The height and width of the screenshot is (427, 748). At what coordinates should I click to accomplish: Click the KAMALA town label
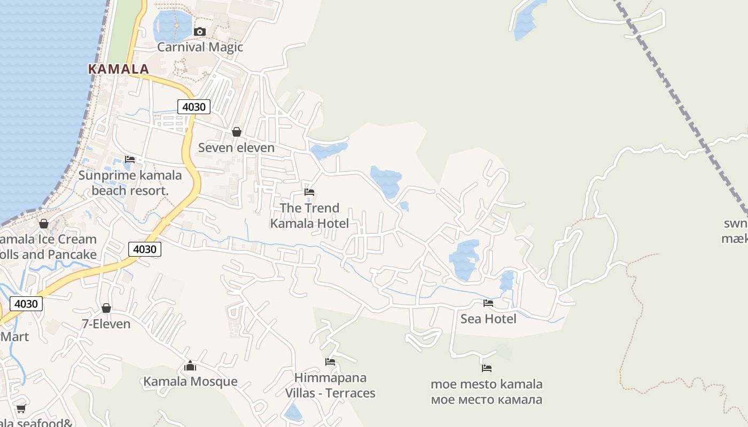[x=118, y=69]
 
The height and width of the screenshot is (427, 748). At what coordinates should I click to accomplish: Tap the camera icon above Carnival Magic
[x=200, y=32]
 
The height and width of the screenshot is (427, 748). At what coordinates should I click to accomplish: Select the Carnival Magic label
[x=200, y=47]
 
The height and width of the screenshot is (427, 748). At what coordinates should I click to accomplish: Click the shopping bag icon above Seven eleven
[x=237, y=132]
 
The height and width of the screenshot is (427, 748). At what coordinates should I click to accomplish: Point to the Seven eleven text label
[x=236, y=148]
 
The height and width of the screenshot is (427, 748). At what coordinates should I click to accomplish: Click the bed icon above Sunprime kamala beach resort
[x=130, y=160]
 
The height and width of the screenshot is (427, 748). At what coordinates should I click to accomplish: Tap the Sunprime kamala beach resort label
[x=130, y=183]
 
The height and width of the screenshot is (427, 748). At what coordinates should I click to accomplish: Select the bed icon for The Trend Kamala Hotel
[x=309, y=192]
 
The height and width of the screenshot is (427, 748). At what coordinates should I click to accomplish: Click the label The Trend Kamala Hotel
[x=309, y=216]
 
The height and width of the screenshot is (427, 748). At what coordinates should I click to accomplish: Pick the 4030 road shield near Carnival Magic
[x=193, y=107]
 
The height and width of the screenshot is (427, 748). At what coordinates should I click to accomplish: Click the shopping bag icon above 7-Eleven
[x=106, y=308]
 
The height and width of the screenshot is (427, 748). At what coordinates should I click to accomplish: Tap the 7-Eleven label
[x=106, y=324]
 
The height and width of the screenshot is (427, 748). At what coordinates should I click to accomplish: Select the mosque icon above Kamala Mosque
[x=190, y=366]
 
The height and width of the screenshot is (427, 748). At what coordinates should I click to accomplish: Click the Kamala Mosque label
[x=190, y=382]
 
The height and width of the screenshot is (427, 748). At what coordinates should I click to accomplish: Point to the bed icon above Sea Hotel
[x=488, y=303]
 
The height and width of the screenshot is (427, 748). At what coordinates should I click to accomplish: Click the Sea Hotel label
[x=488, y=319]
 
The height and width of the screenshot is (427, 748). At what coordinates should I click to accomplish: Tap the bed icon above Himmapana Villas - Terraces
[x=330, y=362]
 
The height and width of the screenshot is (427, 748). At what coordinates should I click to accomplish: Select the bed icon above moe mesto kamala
[x=487, y=368]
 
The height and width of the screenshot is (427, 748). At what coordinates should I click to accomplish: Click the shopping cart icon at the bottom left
[x=21, y=408]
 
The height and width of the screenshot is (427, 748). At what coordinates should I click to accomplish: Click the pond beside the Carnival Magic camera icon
[x=171, y=25]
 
